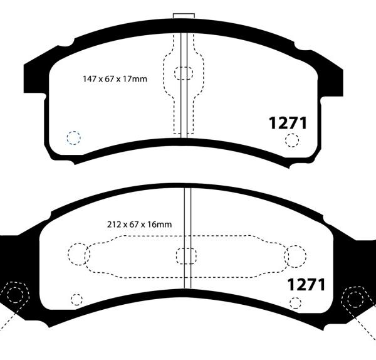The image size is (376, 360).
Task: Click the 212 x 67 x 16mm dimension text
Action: (x=139, y=223)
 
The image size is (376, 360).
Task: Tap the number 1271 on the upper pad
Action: (x=288, y=123)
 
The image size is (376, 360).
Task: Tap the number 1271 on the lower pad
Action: (x=306, y=285)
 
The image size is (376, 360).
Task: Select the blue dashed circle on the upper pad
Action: (x=74, y=137)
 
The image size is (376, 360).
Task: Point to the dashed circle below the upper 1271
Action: (x=292, y=140)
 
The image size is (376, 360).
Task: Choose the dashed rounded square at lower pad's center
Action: (x=187, y=256)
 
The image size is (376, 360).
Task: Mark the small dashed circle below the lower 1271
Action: (x=295, y=304)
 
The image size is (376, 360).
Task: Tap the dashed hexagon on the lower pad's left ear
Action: (x=14, y=295)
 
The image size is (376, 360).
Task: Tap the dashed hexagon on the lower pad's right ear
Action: (x=355, y=298)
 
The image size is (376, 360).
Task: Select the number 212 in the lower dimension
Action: (x=114, y=223)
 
